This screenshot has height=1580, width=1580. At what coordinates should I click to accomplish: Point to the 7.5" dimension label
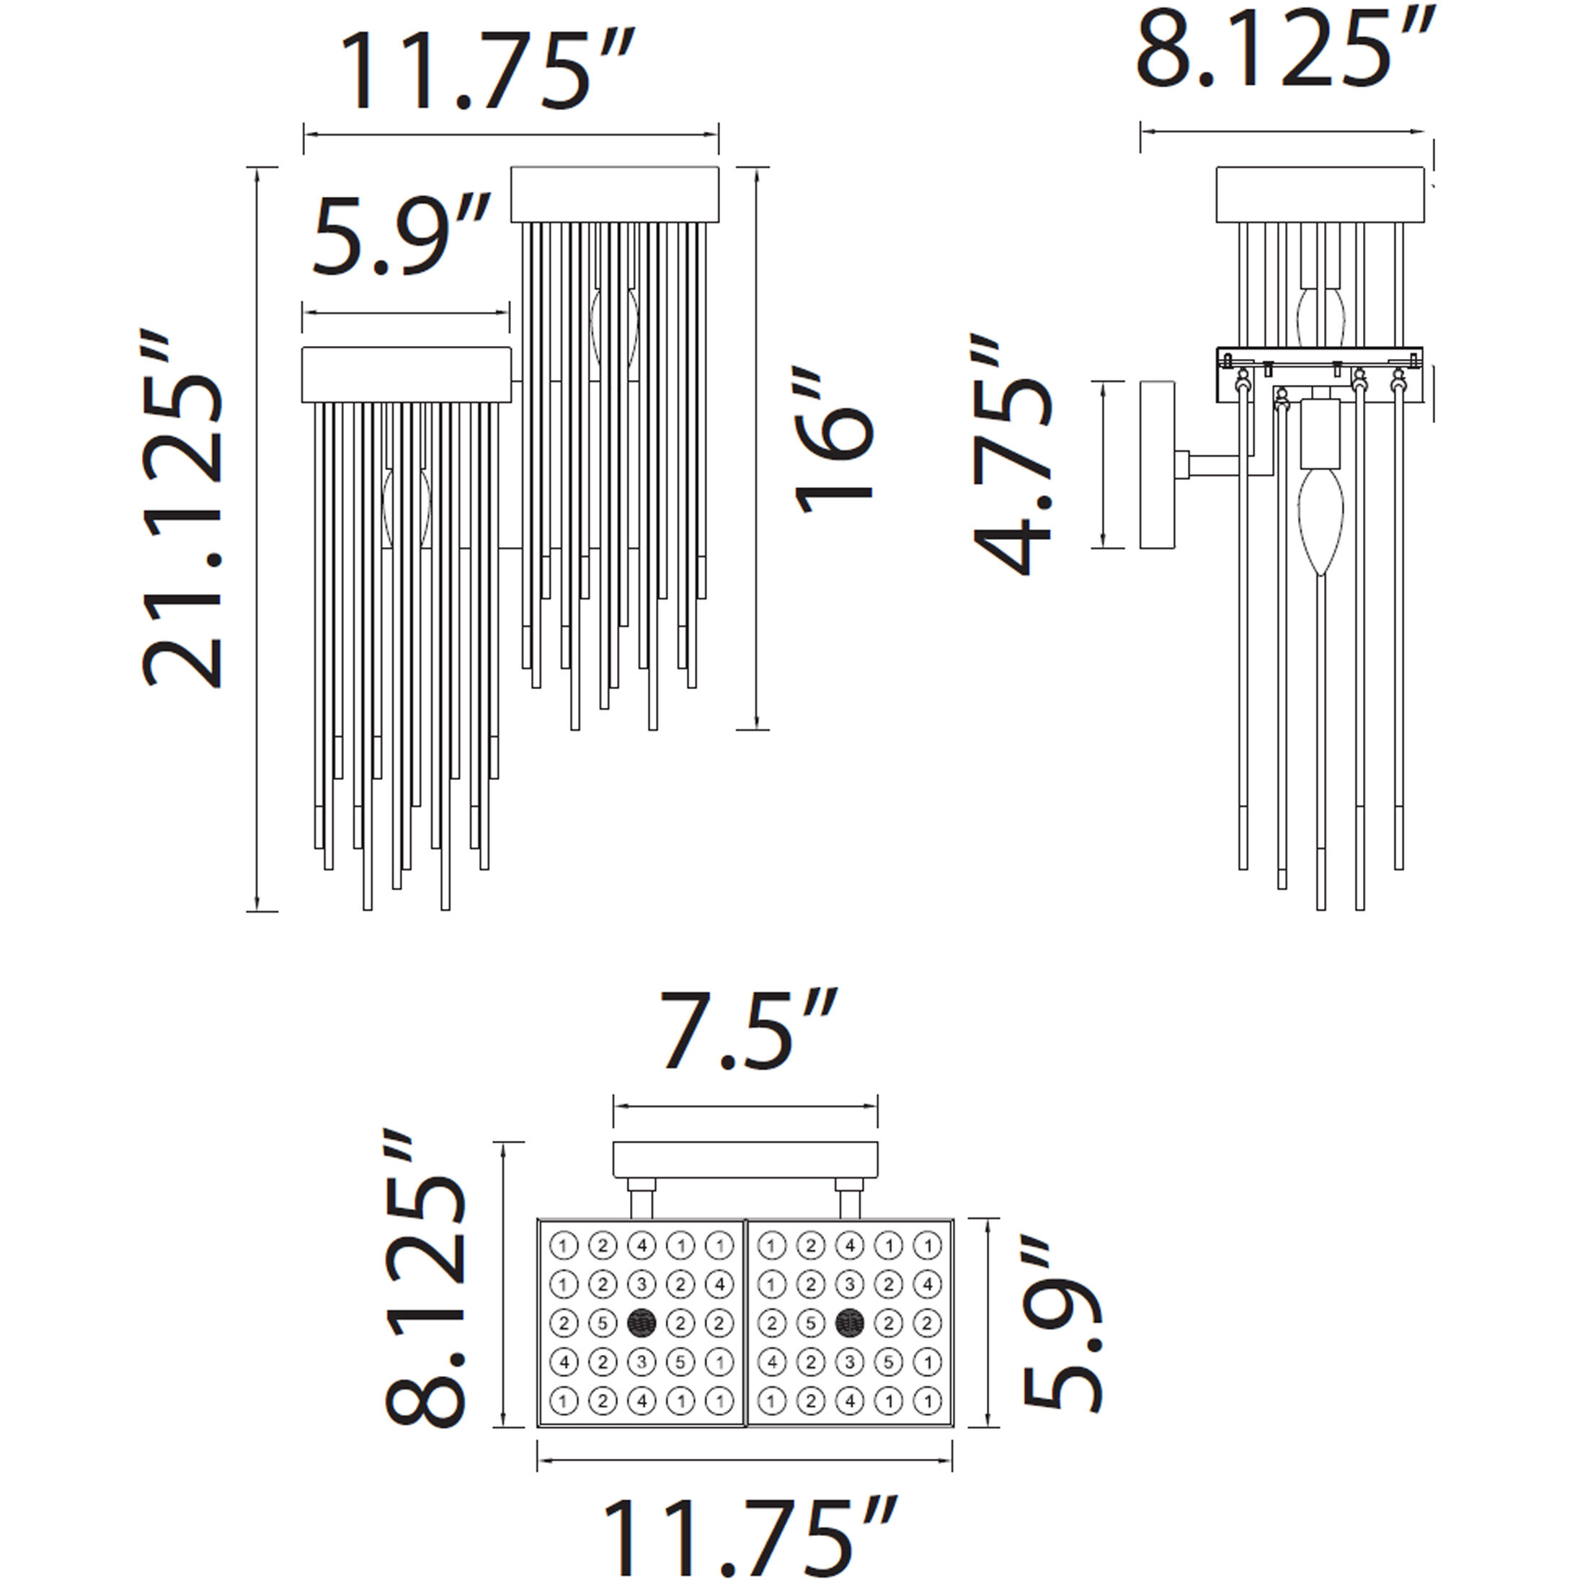pyautogui.click(x=747, y=1031)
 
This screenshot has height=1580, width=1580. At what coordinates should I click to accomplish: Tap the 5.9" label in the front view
pyautogui.click(x=401, y=236)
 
